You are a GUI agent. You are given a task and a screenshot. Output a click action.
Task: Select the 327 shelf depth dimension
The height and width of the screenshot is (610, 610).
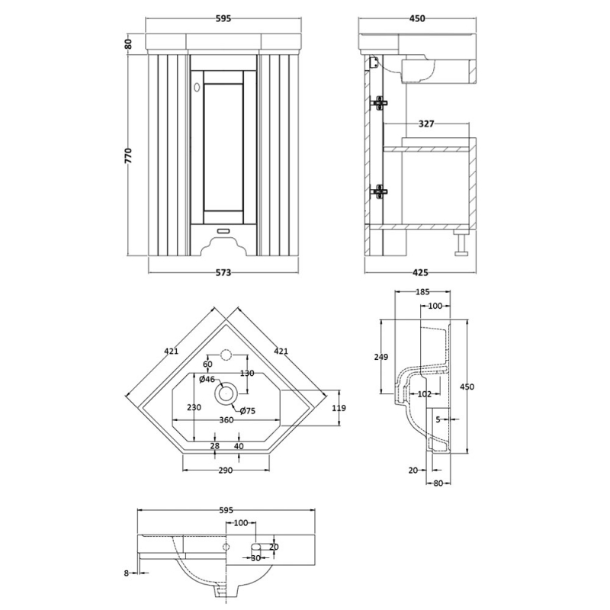(x=426, y=123)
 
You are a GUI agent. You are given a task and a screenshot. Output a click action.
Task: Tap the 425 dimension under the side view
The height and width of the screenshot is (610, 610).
(x=421, y=272)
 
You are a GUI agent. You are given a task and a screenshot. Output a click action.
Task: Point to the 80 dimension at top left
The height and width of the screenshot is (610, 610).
(x=129, y=44)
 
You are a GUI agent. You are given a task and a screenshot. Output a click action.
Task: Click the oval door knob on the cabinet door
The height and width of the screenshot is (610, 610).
(x=197, y=88)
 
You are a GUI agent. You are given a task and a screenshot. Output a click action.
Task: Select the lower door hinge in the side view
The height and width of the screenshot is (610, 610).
(x=379, y=191)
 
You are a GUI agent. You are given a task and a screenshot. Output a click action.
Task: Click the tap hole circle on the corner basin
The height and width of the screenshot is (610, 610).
(x=226, y=355)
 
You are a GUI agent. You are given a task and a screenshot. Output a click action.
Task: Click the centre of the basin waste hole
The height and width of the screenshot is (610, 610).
(x=226, y=393)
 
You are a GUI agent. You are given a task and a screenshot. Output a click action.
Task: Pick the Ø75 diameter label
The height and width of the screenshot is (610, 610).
(x=247, y=412)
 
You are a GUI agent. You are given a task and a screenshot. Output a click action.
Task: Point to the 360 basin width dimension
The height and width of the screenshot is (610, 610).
(x=226, y=420)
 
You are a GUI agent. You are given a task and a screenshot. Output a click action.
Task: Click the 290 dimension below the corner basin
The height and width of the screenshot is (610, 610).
(x=226, y=470)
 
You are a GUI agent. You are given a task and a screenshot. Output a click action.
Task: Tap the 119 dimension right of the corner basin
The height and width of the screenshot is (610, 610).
(x=339, y=407)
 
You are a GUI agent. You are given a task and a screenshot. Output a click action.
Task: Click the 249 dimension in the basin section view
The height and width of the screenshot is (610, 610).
(x=381, y=357)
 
